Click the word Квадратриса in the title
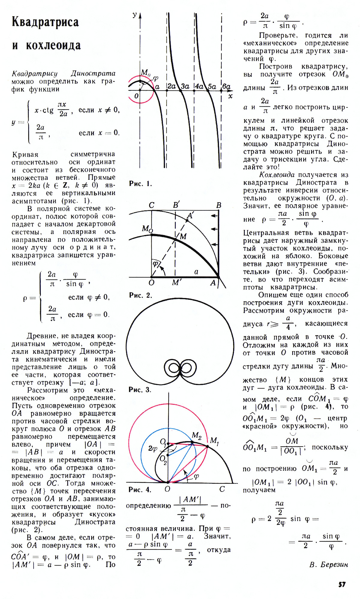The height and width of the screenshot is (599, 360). tap(45, 23)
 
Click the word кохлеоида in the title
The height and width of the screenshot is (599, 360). tap(53, 46)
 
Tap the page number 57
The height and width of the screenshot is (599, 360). tap(342, 584)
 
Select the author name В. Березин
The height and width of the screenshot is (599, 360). tap(328, 564)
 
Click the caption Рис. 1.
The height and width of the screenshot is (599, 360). tap(140, 184)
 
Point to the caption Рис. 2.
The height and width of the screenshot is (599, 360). tap(140, 295)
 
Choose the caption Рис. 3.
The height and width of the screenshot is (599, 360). tap(140, 390)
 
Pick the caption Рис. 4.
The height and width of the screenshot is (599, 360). tap(140, 489)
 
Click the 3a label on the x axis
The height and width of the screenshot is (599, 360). tap(185, 86)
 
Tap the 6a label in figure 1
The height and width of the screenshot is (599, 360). tap(226, 86)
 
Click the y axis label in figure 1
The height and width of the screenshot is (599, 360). tap(135, 15)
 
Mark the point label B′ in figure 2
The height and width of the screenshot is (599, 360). tap(176, 205)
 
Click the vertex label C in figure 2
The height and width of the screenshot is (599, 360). tap(151, 205)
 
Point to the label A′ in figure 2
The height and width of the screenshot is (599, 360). tap(190, 215)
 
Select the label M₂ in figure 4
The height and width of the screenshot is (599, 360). tap(196, 435)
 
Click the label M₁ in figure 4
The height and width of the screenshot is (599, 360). tap(214, 441)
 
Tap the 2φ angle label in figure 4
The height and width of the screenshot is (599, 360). tap(152, 448)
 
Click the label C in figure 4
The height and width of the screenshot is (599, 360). tap(222, 489)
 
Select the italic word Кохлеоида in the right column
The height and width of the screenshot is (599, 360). tap(277, 175)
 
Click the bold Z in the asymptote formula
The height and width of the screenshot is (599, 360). tap(65, 185)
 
